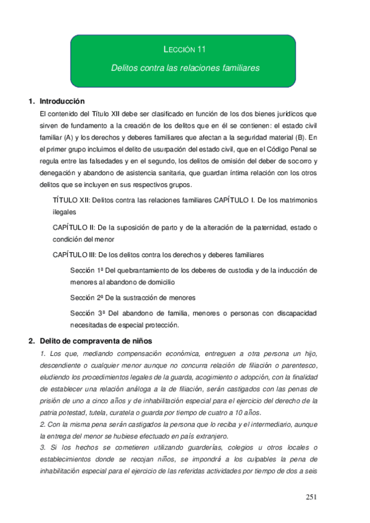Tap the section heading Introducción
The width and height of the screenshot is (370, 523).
click(x=62, y=101)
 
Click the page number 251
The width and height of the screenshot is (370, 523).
click(x=313, y=497)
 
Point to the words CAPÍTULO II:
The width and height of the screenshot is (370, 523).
click(x=75, y=228)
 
